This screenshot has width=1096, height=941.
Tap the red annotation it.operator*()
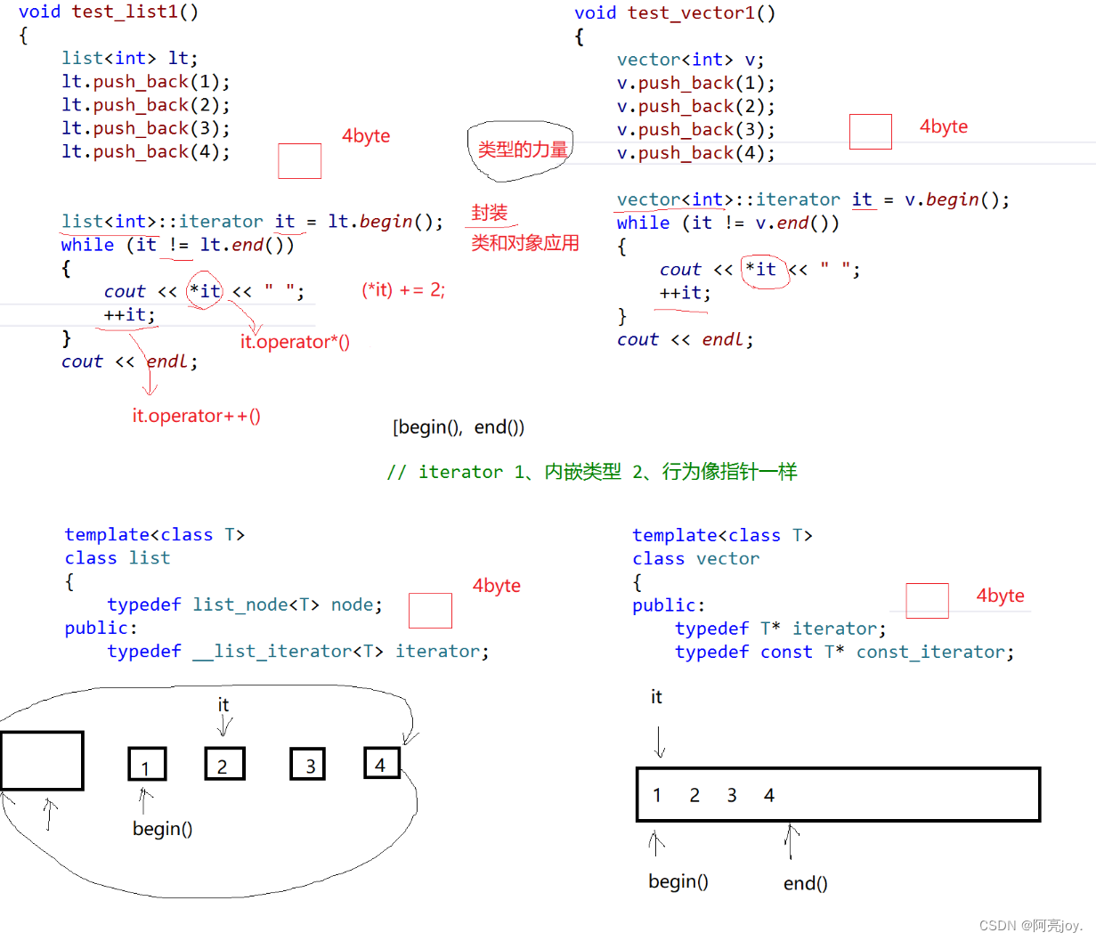coord(295,342)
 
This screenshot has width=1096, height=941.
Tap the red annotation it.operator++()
coord(196,416)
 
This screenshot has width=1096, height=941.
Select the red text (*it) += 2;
coord(403,290)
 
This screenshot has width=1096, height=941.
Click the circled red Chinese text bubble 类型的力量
coord(522,150)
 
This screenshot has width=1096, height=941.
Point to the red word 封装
coord(489,213)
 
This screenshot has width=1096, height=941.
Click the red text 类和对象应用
coord(525,243)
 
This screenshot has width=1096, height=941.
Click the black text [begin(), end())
coord(459,427)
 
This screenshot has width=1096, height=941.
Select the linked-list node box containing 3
coord(308,764)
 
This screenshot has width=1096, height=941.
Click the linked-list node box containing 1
coord(147,765)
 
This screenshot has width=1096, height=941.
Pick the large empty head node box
coord(42,761)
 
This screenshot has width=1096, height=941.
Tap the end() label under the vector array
coord(805,883)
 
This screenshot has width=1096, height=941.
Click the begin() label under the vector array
coord(678,881)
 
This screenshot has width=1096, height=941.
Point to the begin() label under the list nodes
coord(162,829)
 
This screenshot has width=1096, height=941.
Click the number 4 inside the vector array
coord(769,795)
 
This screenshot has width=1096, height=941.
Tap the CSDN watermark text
coord(1030,926)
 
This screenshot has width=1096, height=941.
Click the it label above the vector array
coord(656,697)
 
